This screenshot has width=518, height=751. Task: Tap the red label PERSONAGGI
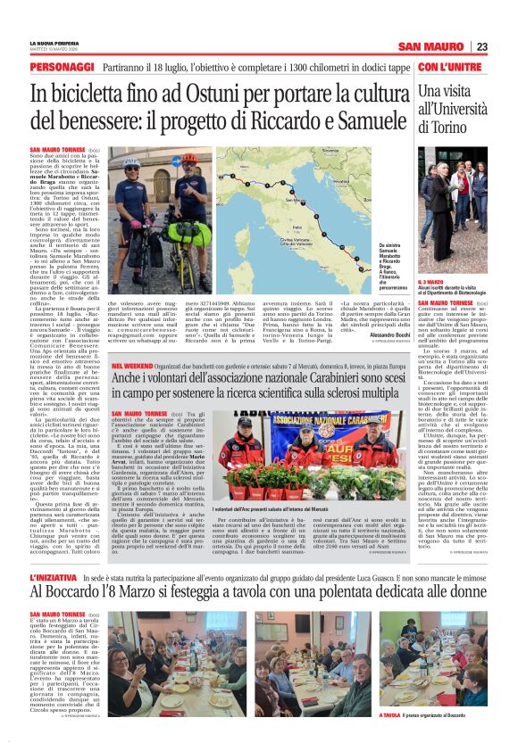click(60, 68)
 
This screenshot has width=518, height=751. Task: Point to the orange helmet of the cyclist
click(189, 159)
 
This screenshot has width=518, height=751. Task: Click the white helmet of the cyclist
click(131, 162)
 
